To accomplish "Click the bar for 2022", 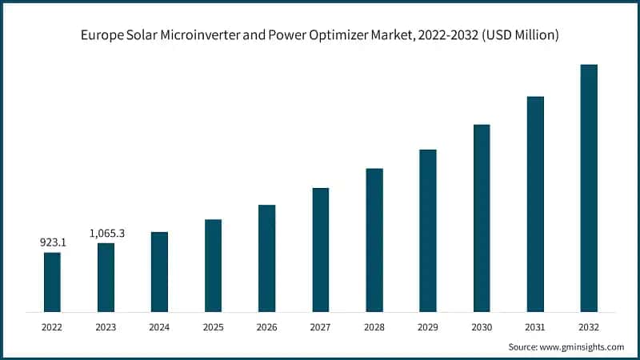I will [x=52, y=282].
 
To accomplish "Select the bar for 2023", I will [x=106, y=277].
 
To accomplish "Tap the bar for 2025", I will [x=213, y=265].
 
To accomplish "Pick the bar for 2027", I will [x=321, y=250].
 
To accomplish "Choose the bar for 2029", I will [x=428, y=230].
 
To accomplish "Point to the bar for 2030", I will [x=482, y=218].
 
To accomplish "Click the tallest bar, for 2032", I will [x=589, y=188].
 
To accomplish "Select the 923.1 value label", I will [x=52, y=242].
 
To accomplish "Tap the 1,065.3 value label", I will [x=106, y=233].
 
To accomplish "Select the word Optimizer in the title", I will [x=359, y=35].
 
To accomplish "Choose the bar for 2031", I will [x=535, y=204].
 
